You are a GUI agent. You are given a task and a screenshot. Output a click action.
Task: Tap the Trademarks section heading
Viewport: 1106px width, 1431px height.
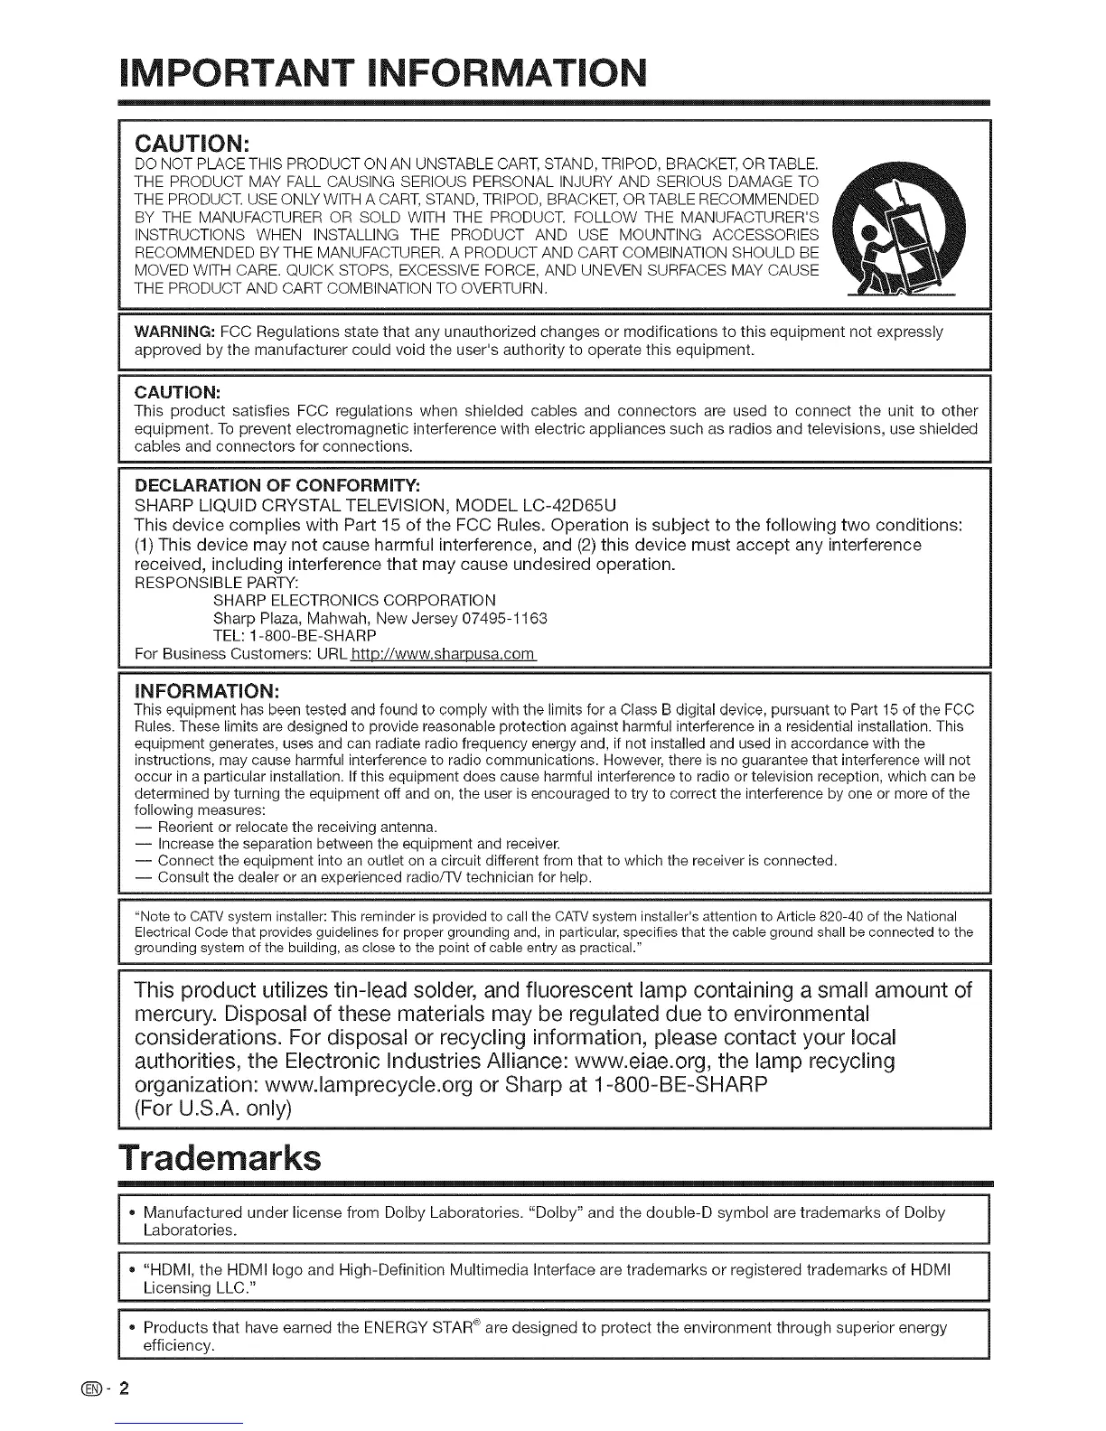point(220,1158)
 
